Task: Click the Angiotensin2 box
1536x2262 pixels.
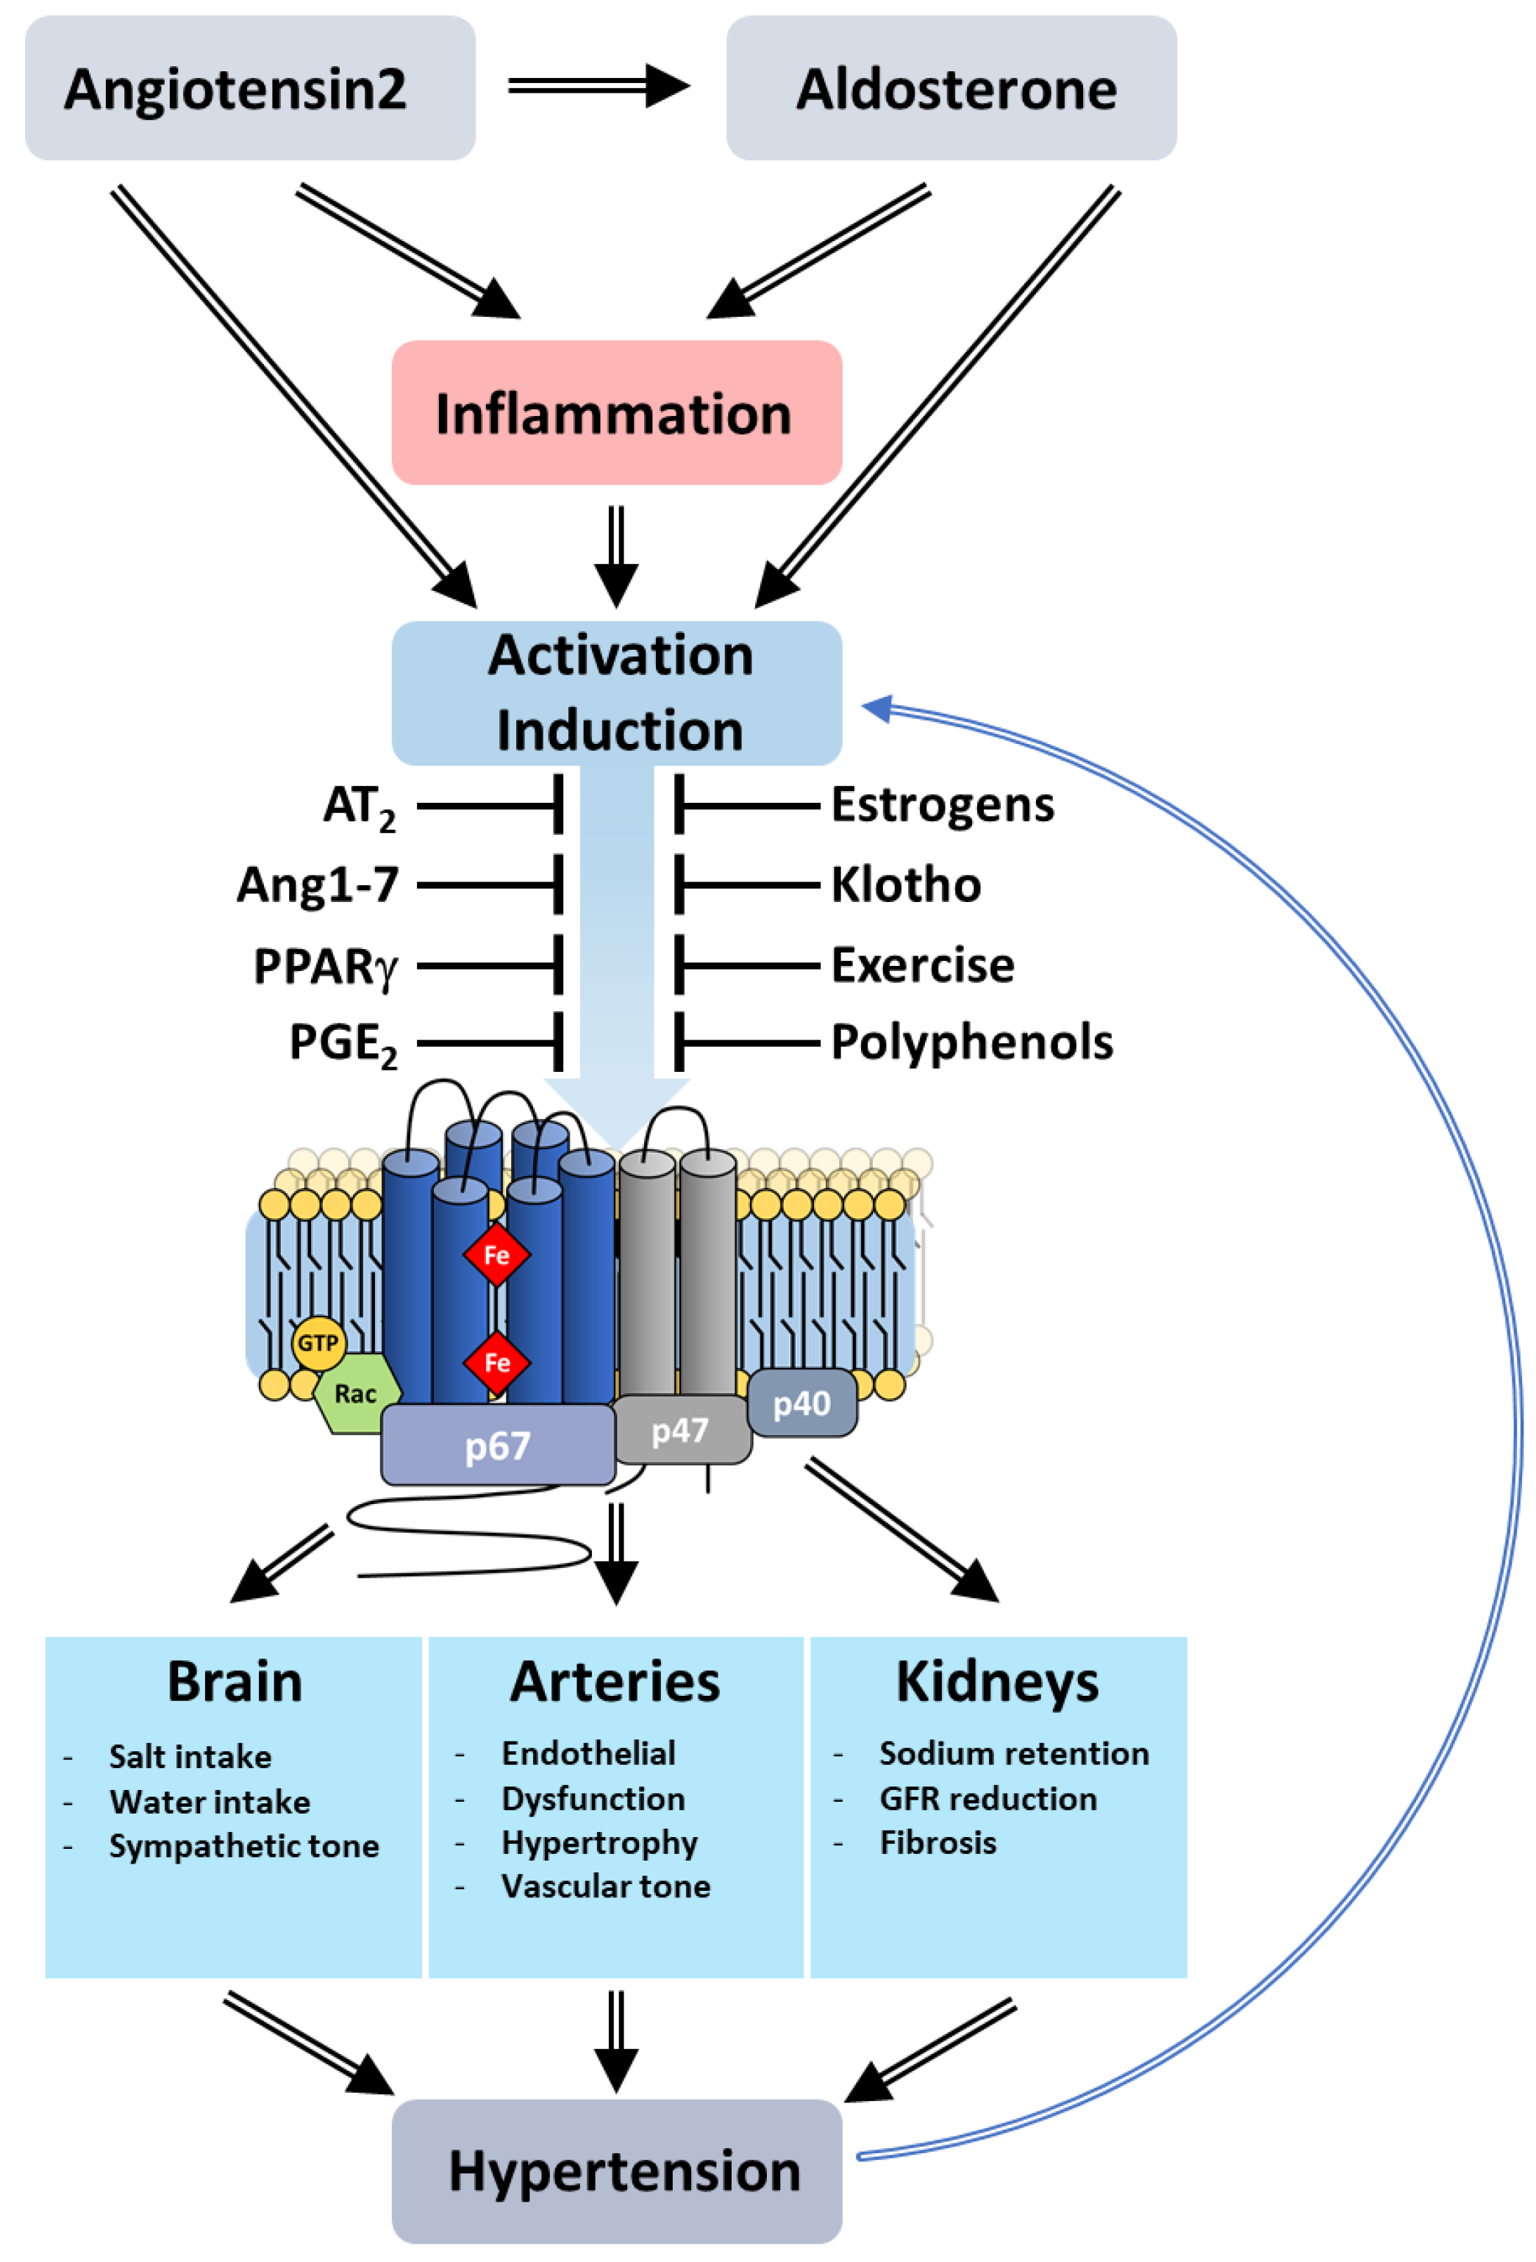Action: tap(249, 87)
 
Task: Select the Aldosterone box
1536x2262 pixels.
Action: tap(950, 87)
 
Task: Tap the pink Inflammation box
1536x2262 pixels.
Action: tap(615, 412)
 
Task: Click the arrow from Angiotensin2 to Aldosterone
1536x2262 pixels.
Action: tap(598, 86)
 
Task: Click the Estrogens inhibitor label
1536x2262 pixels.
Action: tap(941, 805)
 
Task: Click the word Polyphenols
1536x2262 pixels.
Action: tap(971, 1042)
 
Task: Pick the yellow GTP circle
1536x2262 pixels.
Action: tap(318, 1343)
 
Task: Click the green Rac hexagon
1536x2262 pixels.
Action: tap(355, 1394)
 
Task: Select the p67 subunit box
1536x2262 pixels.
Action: tap(497, 1445)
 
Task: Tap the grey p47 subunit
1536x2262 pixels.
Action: tap(680, 1430)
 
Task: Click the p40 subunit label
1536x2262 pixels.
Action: tap(802, 1403)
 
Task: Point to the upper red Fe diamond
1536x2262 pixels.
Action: tap(496, 1256)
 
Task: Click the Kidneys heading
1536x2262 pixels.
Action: tap(997, 1682)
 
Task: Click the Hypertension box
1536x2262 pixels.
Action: tap(615, 2171)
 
